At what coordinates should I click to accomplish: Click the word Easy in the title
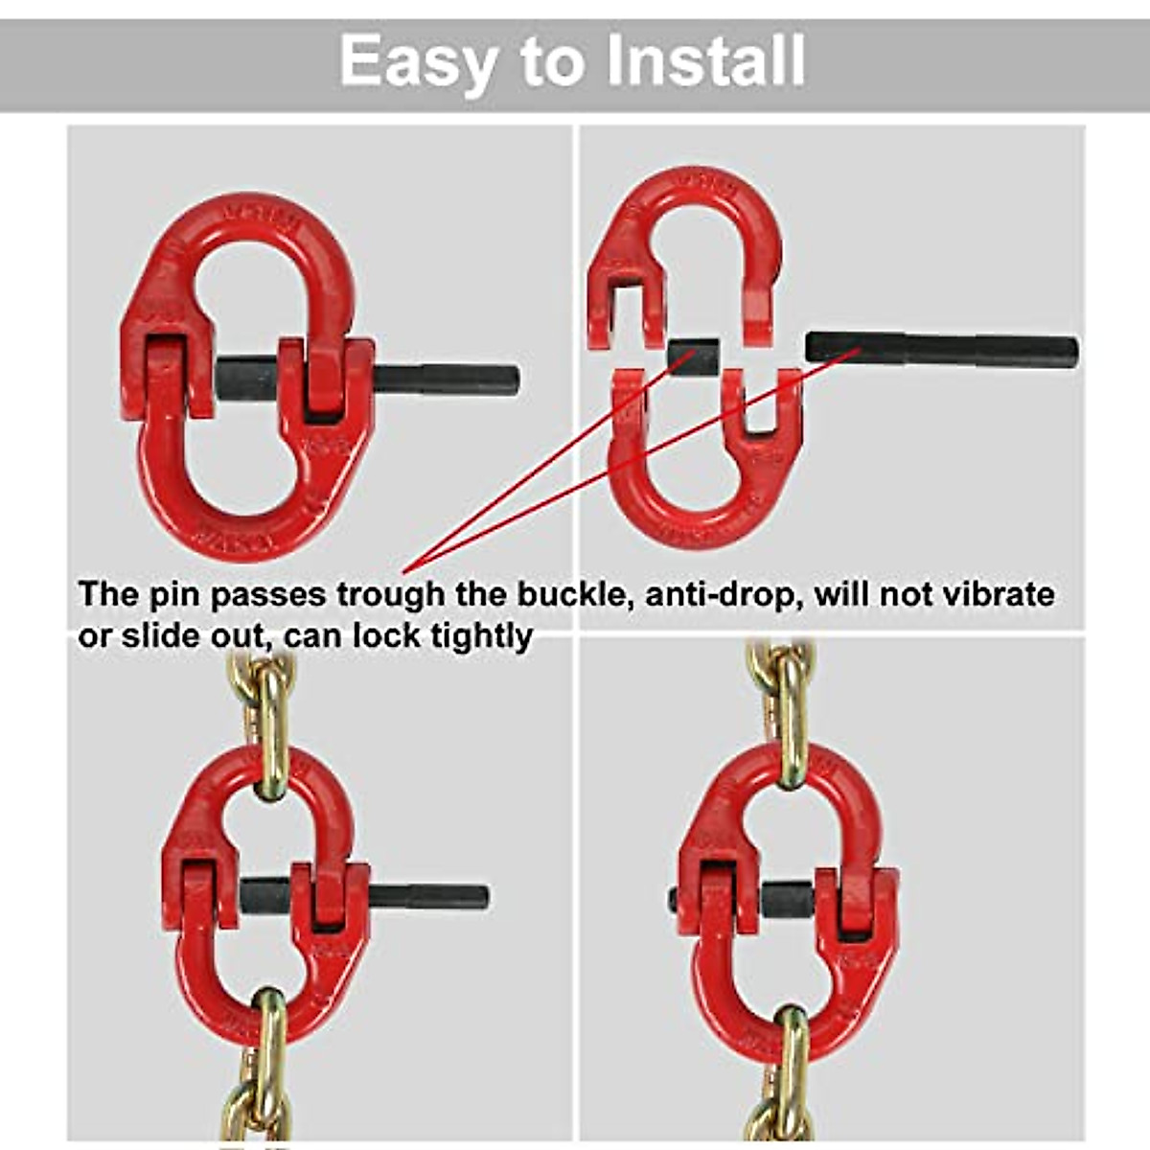(418, 60)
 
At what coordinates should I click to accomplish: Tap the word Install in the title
(705, 60)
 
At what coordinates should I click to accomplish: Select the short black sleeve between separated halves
(692, 358)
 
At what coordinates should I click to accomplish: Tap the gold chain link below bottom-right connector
(792, 1064)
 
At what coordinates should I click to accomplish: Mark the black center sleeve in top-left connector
(247, 379)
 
